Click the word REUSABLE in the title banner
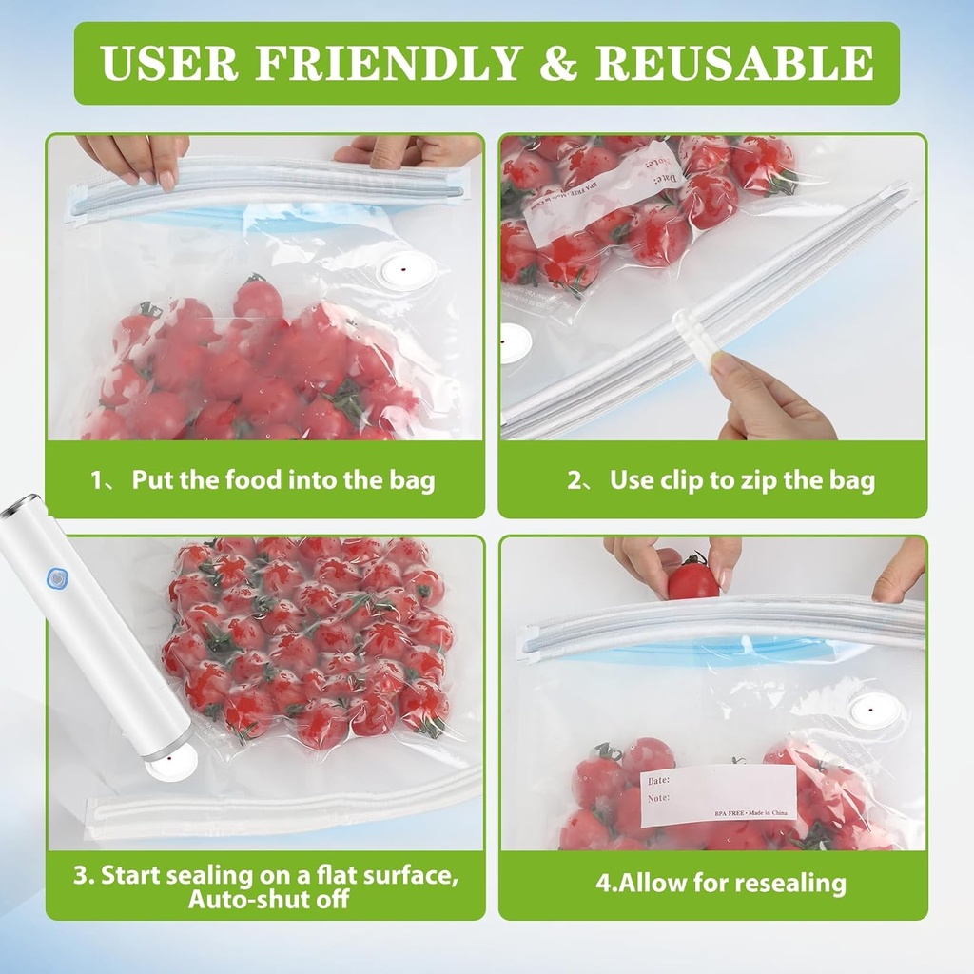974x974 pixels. [734, 63]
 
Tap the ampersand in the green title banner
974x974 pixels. [558, 63]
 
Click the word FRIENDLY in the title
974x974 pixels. [390, 63]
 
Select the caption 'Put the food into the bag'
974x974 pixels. [282, 479]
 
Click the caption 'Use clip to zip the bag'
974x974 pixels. [742, 479]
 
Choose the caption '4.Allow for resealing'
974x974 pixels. [720, 883]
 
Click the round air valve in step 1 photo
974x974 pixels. [407, 271]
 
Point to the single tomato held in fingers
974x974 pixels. [692, 579]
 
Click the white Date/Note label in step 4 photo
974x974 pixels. [718, 794]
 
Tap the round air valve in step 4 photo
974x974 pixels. [874, 709]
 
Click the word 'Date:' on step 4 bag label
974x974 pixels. [659, 780]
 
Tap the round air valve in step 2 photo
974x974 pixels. [515, 341]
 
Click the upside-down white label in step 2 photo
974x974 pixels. [601, 193]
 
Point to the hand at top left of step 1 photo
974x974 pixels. [135, 156]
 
